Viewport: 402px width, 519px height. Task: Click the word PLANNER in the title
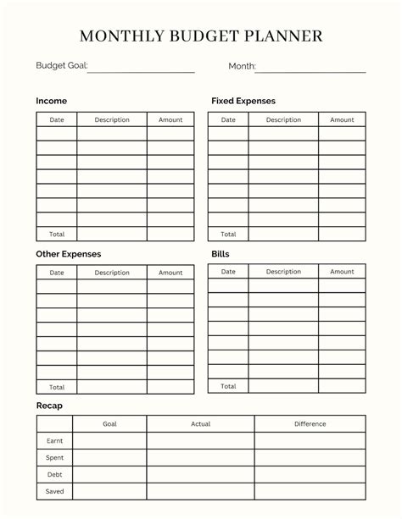283,36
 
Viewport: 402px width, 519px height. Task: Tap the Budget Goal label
61,66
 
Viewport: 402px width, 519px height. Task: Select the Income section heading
51,102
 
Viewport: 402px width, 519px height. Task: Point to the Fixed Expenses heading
243,102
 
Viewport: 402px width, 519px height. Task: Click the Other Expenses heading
68,254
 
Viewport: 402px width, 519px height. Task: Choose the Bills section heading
221,254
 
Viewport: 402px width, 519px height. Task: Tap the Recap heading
49,406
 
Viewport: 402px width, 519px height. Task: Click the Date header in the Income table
57,120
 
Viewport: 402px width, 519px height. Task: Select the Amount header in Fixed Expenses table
342,120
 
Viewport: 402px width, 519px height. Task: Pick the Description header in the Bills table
283,272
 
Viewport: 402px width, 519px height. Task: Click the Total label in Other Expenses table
57,387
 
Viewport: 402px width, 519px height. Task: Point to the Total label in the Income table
57,234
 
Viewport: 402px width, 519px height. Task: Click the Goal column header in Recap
110,424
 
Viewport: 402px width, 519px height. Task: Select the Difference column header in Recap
310,424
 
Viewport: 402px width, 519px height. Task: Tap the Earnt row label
55,441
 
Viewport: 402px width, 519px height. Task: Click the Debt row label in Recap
55,475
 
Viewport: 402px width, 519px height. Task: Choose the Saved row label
55,491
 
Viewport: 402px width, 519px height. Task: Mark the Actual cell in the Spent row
200,458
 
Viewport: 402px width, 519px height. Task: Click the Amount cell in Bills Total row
342,386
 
